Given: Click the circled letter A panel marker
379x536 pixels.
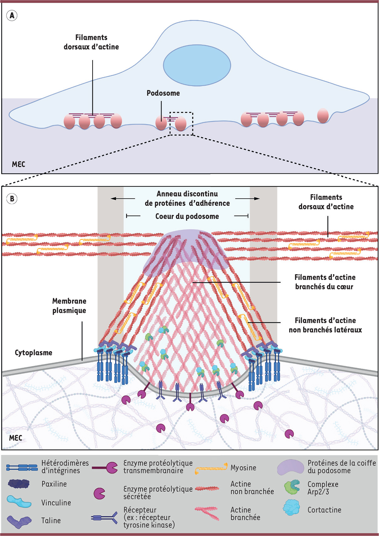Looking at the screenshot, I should (12, 15).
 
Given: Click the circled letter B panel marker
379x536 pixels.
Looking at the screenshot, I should (12, 199).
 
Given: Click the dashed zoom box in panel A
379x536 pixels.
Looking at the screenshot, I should (181, 123).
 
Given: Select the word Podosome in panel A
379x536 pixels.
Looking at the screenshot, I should (163, 93).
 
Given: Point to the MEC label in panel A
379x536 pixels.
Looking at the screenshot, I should (18, 164).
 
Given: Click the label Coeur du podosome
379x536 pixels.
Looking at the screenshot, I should (187, 216).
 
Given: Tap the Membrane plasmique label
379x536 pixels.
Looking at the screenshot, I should (69, 306).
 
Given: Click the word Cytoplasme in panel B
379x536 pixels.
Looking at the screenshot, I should (33, 352).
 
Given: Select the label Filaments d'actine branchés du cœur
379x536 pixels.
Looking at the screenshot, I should (325, 282).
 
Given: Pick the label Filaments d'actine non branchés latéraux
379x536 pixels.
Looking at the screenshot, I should (325, 325).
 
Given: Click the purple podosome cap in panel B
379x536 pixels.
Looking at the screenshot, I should (183, 250).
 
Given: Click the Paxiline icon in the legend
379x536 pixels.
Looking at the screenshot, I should (19, 484).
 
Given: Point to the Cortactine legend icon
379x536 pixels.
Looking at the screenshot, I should (291, 507).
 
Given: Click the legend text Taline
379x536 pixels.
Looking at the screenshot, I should (51, 521).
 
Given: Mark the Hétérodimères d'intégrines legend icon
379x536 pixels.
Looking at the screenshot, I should (22, 467).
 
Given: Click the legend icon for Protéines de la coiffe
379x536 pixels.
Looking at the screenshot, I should (290, 467).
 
